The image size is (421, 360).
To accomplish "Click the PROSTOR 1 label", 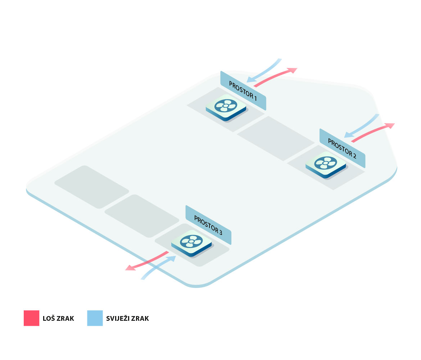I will coord(243,91).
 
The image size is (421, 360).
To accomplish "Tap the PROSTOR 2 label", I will coord(342,148).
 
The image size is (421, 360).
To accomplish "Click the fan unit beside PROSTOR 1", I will coord(226,107).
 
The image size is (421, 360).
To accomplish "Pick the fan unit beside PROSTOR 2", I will coord(325,165).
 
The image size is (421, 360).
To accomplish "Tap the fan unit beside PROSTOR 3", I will coord(191,243).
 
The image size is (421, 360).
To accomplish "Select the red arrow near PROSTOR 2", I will coord(372,132).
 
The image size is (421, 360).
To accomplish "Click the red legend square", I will coord(31,318).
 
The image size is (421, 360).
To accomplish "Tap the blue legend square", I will coord(95,318).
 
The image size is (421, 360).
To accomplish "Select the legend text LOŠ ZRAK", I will coord(58,319).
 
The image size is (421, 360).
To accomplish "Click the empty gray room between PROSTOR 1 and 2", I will coord(276,138).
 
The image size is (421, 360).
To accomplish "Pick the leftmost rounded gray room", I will coord(91,187).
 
